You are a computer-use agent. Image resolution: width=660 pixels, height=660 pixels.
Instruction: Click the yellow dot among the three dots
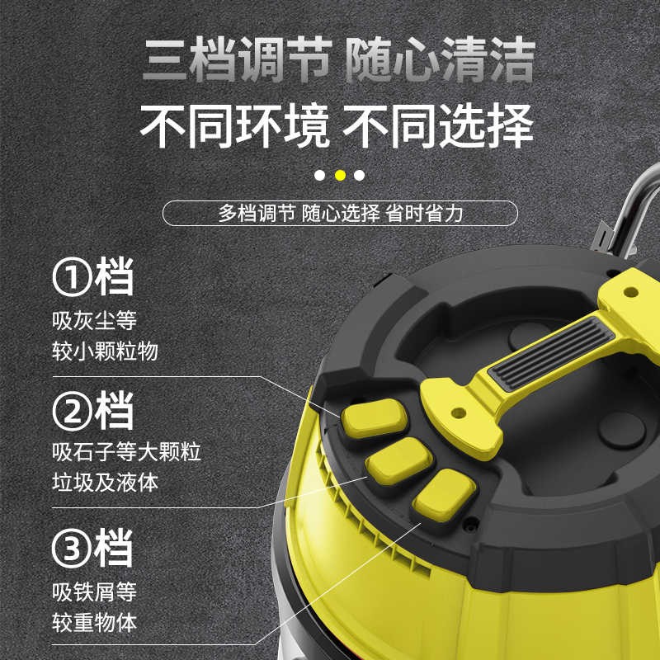pyautogui.click(x=340, y=175)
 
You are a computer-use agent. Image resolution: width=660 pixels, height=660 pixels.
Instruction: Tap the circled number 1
pyautogui.click(x=72, y=277)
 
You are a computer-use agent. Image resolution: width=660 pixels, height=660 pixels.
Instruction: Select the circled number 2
pyautogui.click(x=72, y=412)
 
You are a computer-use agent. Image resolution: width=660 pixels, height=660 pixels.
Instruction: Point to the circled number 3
pyautogui.click(x=72, y=549)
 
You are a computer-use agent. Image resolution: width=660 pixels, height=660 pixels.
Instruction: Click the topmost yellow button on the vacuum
pyautogui.click(x=374, y=418)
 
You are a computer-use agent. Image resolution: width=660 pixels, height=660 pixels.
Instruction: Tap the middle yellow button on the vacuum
pyautogui.click(x=398, y=461)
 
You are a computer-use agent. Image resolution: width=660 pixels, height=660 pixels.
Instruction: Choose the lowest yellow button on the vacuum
pyautogui.click(x=444, y=496)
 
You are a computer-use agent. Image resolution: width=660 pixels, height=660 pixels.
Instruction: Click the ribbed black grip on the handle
pyautogui.click(x=551, y=353)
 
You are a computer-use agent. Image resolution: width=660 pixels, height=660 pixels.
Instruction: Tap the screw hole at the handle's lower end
pyautogui.click(x=459, y=413)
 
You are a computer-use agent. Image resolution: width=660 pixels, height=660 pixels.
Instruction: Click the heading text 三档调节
pyautogui.click(x=238, y=59)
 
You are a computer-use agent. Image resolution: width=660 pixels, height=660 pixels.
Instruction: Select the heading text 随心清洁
pyautogui.click(x=441, y=59)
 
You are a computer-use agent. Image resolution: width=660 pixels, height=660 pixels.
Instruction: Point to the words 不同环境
pyautogui.click(x=234, y=126)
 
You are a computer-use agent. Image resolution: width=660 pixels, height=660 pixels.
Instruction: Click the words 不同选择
pyautogui.click(x=438, y=126)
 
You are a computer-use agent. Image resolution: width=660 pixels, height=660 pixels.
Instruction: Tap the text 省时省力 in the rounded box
pyautogui.click(x=424, y=214)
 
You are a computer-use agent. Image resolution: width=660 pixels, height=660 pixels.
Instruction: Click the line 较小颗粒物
pyautogui.click(x=106, y=351)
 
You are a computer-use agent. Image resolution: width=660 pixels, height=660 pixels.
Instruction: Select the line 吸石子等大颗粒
pyautogui.click(x=127, y=451)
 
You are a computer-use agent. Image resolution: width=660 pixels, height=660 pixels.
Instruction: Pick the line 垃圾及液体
pyautogui.click(x=106, y=482)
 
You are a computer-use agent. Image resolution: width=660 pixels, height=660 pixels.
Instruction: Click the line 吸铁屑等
pyautogui.click(x=95, y=592)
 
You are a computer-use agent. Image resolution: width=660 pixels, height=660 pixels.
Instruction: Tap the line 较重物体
pyautogui.click(x=95, y=623)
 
